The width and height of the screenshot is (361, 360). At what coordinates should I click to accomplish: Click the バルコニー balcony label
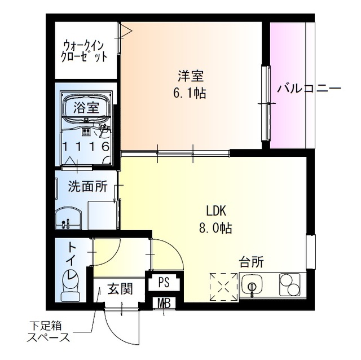point(309,89)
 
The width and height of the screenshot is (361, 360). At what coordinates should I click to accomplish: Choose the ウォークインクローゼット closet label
point(85,50)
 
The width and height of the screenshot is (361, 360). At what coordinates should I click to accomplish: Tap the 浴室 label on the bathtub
point(86,108)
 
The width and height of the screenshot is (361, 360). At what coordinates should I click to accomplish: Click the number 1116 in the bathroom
point(86,147)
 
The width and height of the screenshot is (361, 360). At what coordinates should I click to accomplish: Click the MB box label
point(164,304)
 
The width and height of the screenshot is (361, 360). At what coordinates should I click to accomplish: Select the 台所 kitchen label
point(252,262)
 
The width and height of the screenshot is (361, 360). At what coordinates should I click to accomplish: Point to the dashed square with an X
point(224,287)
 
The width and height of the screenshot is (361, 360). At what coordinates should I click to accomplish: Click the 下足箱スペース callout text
point(49,332)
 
